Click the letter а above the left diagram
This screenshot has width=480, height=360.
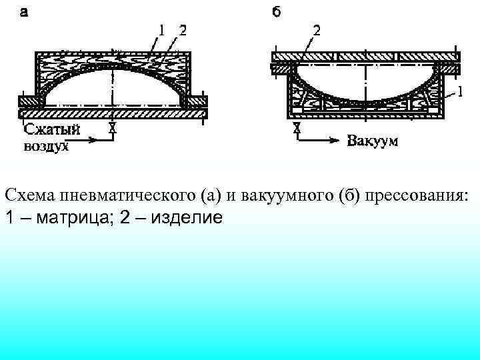pos(23,11)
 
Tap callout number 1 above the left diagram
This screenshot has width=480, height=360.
pos(161,29)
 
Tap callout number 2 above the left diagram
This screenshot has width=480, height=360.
pos(181,29)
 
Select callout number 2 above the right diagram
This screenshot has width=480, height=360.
pos(316,30)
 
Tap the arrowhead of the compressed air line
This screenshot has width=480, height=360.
pos(100,141)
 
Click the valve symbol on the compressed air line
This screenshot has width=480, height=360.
pos(113,129)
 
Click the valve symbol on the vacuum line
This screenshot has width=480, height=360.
pos(297,129)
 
